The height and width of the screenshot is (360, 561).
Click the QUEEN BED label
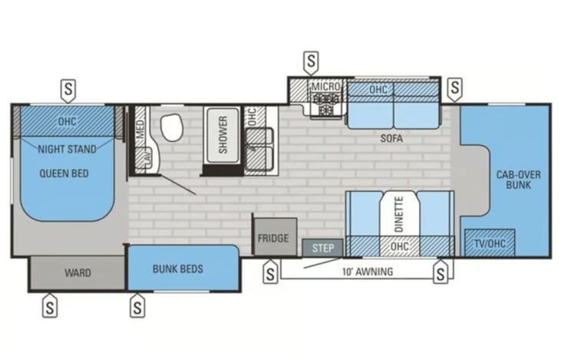(64, 173)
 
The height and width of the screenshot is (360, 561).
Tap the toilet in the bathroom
(172, 127)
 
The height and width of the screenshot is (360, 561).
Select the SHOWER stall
(223, 135)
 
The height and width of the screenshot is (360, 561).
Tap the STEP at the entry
(323, 248)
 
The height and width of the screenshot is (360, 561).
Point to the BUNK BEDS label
(178, 269)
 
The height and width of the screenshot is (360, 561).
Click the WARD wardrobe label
(78, 272)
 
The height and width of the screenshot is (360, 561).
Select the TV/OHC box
(490, 243)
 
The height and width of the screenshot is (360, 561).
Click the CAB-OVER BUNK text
(519, 180)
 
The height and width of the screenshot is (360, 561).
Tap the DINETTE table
(400, 214)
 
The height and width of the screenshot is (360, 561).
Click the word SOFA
(391, 138)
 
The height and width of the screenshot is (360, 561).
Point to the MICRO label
(325, 87)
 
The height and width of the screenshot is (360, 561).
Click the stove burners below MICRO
(325, 104)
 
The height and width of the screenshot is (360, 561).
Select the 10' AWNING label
(368, 272)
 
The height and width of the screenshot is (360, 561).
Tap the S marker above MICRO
(311, 63)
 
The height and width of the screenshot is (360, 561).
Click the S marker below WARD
(50, 306)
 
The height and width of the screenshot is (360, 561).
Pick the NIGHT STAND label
(68, 149)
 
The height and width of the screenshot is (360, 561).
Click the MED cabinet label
(140, 129)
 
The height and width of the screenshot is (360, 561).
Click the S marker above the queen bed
(68, 90)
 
